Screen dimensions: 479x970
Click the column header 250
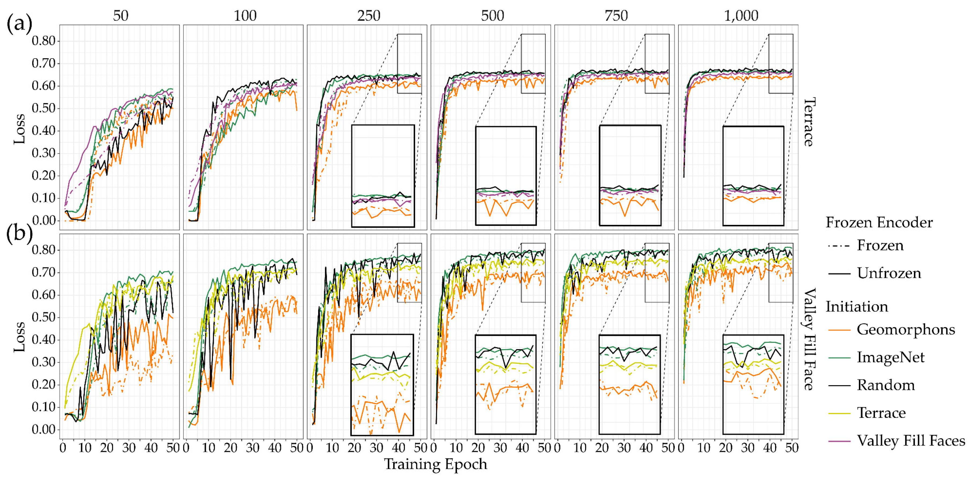pyautogui.click(x=369, y=16)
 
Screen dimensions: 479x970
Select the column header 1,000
pyautogui.click(x=741, y=16)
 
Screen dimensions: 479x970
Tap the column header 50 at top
pyautogui.click(x=121, y=16)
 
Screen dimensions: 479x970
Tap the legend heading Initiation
pyautogui.click(x=857, y=307)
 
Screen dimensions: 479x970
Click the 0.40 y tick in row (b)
pyautogui.click(x=44, y=340)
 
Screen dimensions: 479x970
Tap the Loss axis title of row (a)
pyautogui.click(x=20, y=129)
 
